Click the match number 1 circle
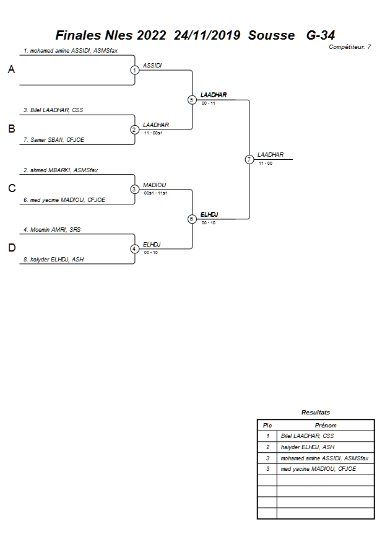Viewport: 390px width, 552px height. click(x=134, y=70)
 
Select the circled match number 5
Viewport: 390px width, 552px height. click(x=192, y=100)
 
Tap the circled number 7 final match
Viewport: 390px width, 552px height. click(x=249, y=159)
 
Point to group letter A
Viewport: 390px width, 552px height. click(x=11, y=70)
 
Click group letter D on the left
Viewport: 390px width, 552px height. click(x=11, y=248)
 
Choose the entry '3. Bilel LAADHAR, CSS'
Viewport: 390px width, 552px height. click(x=53, y=110)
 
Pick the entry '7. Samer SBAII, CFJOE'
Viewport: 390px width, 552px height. click(x=54, y=140)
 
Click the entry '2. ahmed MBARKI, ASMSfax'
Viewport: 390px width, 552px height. click(x=61, y=170)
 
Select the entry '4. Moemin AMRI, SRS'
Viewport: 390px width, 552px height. click(x=52, y=230)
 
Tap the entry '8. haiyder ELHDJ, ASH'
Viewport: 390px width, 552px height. click(x=54, y=260)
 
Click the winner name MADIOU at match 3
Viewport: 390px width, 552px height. click(x=154, y=185)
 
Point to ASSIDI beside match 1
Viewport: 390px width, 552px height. click(x=152, y=65)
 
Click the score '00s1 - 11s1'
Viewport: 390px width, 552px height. click(x=156, y=193)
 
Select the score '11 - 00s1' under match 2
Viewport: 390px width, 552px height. click(x=153, y=133)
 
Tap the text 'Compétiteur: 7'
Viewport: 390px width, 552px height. click(x=350, y=46)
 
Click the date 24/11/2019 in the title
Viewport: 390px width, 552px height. click(x=207, y=35)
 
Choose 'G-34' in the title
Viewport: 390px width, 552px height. click(x=321, y=35)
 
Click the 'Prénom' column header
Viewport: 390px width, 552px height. click(x=326, y=426)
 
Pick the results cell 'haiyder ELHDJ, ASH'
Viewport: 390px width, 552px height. click(x=308, y=447)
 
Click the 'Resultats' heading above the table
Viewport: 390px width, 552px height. click(x=316, y=412)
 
